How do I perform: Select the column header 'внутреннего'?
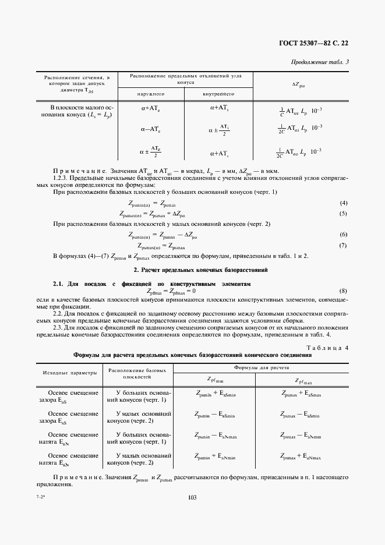pos(218,94)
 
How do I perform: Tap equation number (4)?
pos(343,203)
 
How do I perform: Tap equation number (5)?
pos(343,213)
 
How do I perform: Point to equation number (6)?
pos(343,235)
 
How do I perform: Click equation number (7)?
pos(343,245)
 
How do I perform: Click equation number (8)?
pos(343,291)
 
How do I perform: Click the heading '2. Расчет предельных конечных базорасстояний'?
pos(192,270)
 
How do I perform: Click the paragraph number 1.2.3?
pos(61,178)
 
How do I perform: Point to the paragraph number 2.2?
pos(59,313)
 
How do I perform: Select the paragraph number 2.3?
pos(59,328)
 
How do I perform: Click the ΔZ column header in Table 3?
pos(298,84)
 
